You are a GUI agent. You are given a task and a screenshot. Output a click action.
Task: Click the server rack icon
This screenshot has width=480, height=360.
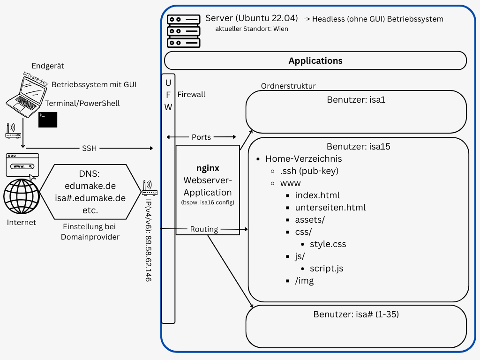click(x=184, y=31)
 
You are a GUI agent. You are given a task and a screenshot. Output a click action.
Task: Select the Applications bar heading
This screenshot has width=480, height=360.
click(x=315, y=61)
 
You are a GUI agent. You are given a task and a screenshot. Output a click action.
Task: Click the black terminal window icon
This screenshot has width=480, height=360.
click(x=48, y=120)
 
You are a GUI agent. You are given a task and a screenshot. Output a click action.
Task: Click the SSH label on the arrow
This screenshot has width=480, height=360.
click(x=89, y=148)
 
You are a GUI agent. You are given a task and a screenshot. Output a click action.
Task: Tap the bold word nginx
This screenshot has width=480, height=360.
click(x=207, y=168)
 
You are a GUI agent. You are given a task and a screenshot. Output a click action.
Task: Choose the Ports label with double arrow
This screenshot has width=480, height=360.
click(x=201, y=137)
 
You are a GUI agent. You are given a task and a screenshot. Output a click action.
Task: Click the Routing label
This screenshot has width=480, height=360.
click(x=204, y=229)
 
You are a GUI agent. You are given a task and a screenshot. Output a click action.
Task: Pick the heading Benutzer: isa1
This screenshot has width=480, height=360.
click(x=356, y=100)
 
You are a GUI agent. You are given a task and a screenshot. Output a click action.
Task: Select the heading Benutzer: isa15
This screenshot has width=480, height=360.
click(x=359, y=146)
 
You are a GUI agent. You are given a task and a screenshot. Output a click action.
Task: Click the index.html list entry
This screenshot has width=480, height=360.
click(x=317, y=195)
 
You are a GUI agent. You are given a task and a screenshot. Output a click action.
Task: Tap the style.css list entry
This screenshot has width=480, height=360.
click(x=328, y=244)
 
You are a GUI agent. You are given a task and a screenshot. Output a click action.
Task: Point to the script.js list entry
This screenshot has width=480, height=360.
click(x=326, y=268)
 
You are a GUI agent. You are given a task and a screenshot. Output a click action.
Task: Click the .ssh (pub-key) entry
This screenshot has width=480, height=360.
click(x=309, y=171)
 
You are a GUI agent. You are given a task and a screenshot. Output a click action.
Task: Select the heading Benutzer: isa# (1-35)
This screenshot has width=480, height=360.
click(x=356, y=314)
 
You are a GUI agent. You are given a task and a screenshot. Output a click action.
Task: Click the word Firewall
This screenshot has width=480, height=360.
click(x=191, y=95)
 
